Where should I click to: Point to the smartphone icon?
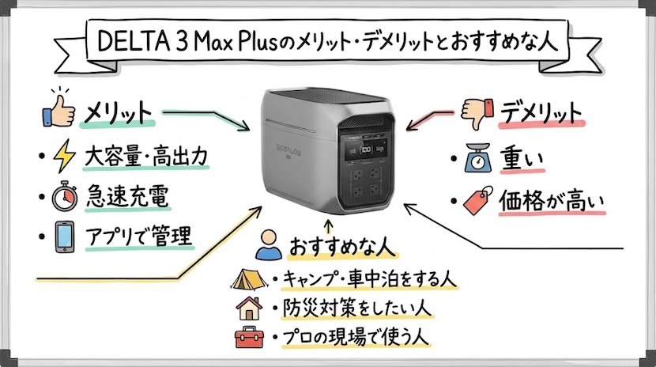pyautogui.click(x=62, y=236)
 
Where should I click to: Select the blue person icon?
pyautogui.click(x=269, y=247)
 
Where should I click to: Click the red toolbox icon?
pyautogui.click(x=245, y=337)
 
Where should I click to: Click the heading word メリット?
pyautogui.click(x=119, y=113)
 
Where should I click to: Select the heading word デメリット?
pyautogui.click(x=541, y=112)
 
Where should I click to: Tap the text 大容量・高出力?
pyautogui.click(x=146, y=157)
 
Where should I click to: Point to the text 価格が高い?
pyautogui.click(x=551, y=202)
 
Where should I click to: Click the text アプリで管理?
pyautogui.click(x=139, y=236)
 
